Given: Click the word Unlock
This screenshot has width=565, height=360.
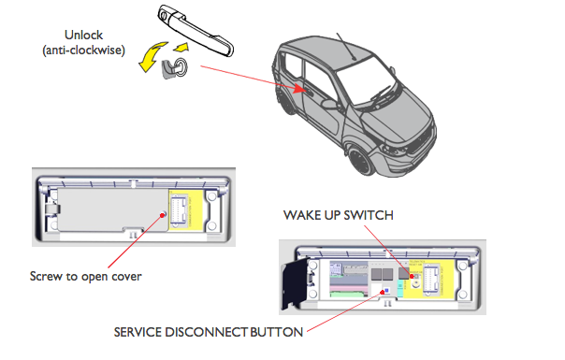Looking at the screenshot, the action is [x=83, y=35].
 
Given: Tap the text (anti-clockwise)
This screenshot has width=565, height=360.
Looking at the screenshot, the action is [x=83, y=50].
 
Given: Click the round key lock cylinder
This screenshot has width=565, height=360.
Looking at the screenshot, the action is [x=181, y=67].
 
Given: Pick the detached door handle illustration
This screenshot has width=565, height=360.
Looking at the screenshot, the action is [x=196, y=30].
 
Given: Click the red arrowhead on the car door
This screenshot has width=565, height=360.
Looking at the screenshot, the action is [x=299, y=88].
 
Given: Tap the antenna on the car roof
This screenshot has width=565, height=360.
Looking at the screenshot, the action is [x=346, y=47].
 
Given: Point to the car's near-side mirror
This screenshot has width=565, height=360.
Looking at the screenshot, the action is [x=329, y=104].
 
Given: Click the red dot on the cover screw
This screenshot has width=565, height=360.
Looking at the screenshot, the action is [x=163, y=215].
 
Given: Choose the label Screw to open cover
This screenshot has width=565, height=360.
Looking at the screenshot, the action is [x=86, y=277].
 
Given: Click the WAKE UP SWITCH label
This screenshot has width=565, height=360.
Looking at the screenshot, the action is [x=339, y=215].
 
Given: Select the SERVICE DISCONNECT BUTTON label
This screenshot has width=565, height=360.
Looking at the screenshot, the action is [x=209, y=332].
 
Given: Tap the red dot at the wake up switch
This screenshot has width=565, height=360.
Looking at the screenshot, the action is [x=412, y=277].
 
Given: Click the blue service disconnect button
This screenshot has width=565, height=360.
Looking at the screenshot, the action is [x=387, y=290].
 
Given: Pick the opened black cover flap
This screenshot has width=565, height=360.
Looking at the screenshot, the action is [x=295, y=283].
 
